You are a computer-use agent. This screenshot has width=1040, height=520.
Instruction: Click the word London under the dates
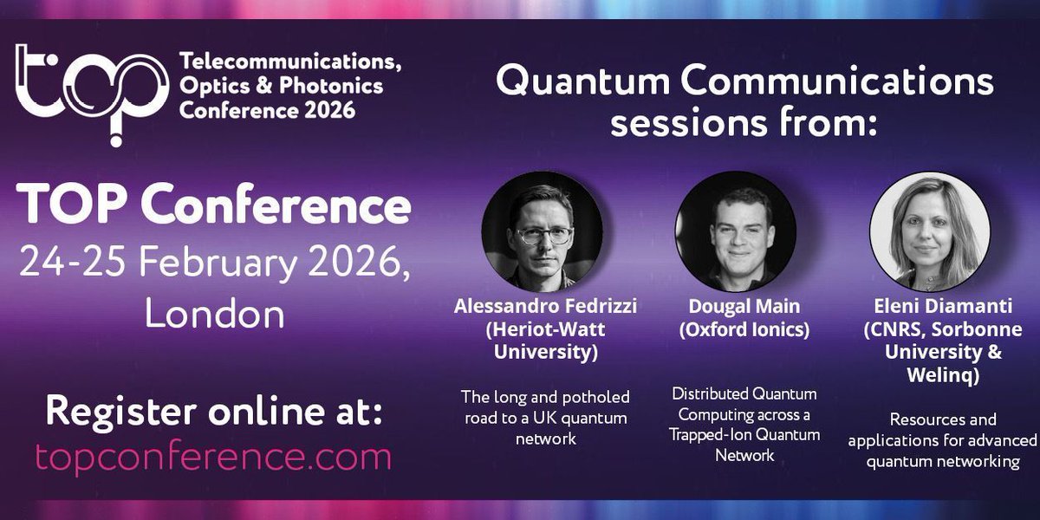(214, 313)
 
